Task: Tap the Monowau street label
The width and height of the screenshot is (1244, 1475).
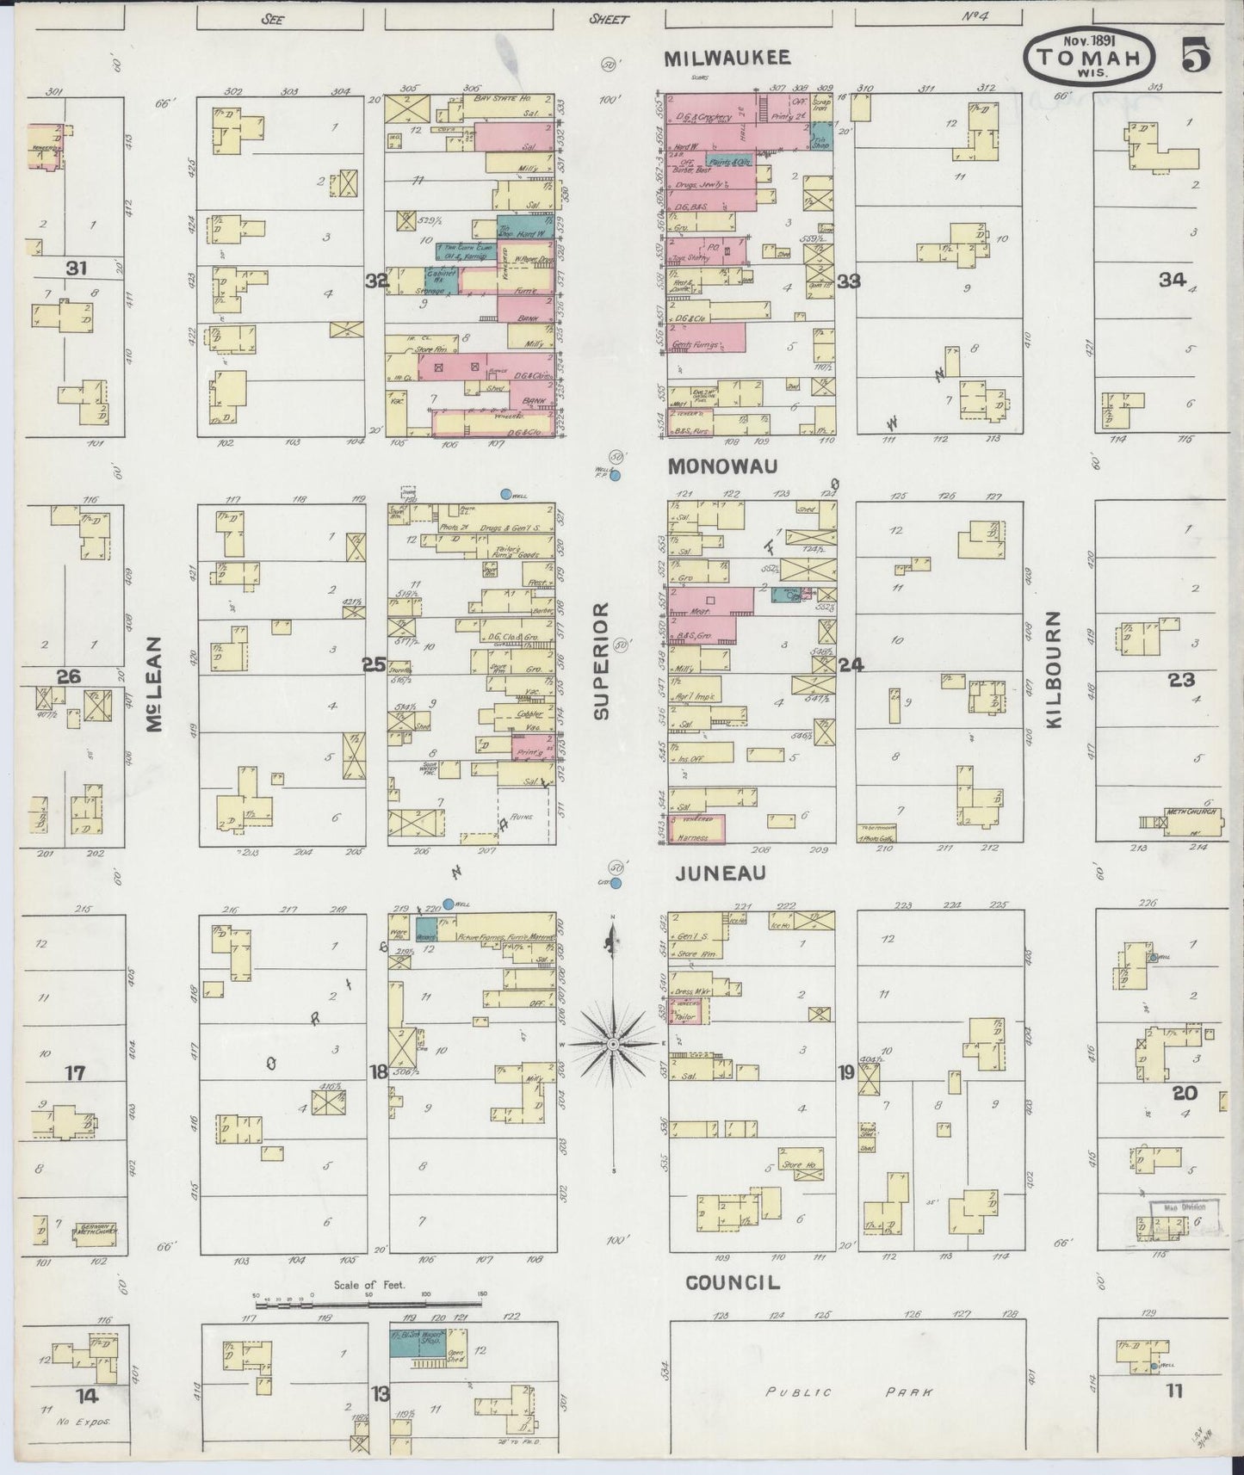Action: pyautogui.click(x=723, y=466)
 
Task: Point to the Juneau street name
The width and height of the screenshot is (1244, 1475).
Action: pyautogui.click(x=721, y=873)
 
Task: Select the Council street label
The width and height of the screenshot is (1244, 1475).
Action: pyautogui.click(x=733, y=1282)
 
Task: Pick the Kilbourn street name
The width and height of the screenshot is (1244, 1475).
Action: pyautogui.click(x=1055, y=670)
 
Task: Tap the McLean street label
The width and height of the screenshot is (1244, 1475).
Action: pyautogui.click(x=155, y=684)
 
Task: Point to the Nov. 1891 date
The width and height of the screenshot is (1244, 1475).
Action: pyautogui.click(x=1090, y=40)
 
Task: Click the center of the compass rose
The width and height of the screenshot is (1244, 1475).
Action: pyautogui.click(x=613, y=1043)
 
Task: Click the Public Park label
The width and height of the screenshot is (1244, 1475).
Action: pyautogui.click(x=847, y=1392)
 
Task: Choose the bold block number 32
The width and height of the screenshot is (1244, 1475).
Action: pyautogui.click(x=376, y=281)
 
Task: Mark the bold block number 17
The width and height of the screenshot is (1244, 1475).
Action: pyautogui.click(x=76, y=1073)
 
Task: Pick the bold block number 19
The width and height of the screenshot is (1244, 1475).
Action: pyautogui.click(x=847, y=1072)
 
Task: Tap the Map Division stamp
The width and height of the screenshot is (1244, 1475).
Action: pyautogui.click(x=1185, y=1207)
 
